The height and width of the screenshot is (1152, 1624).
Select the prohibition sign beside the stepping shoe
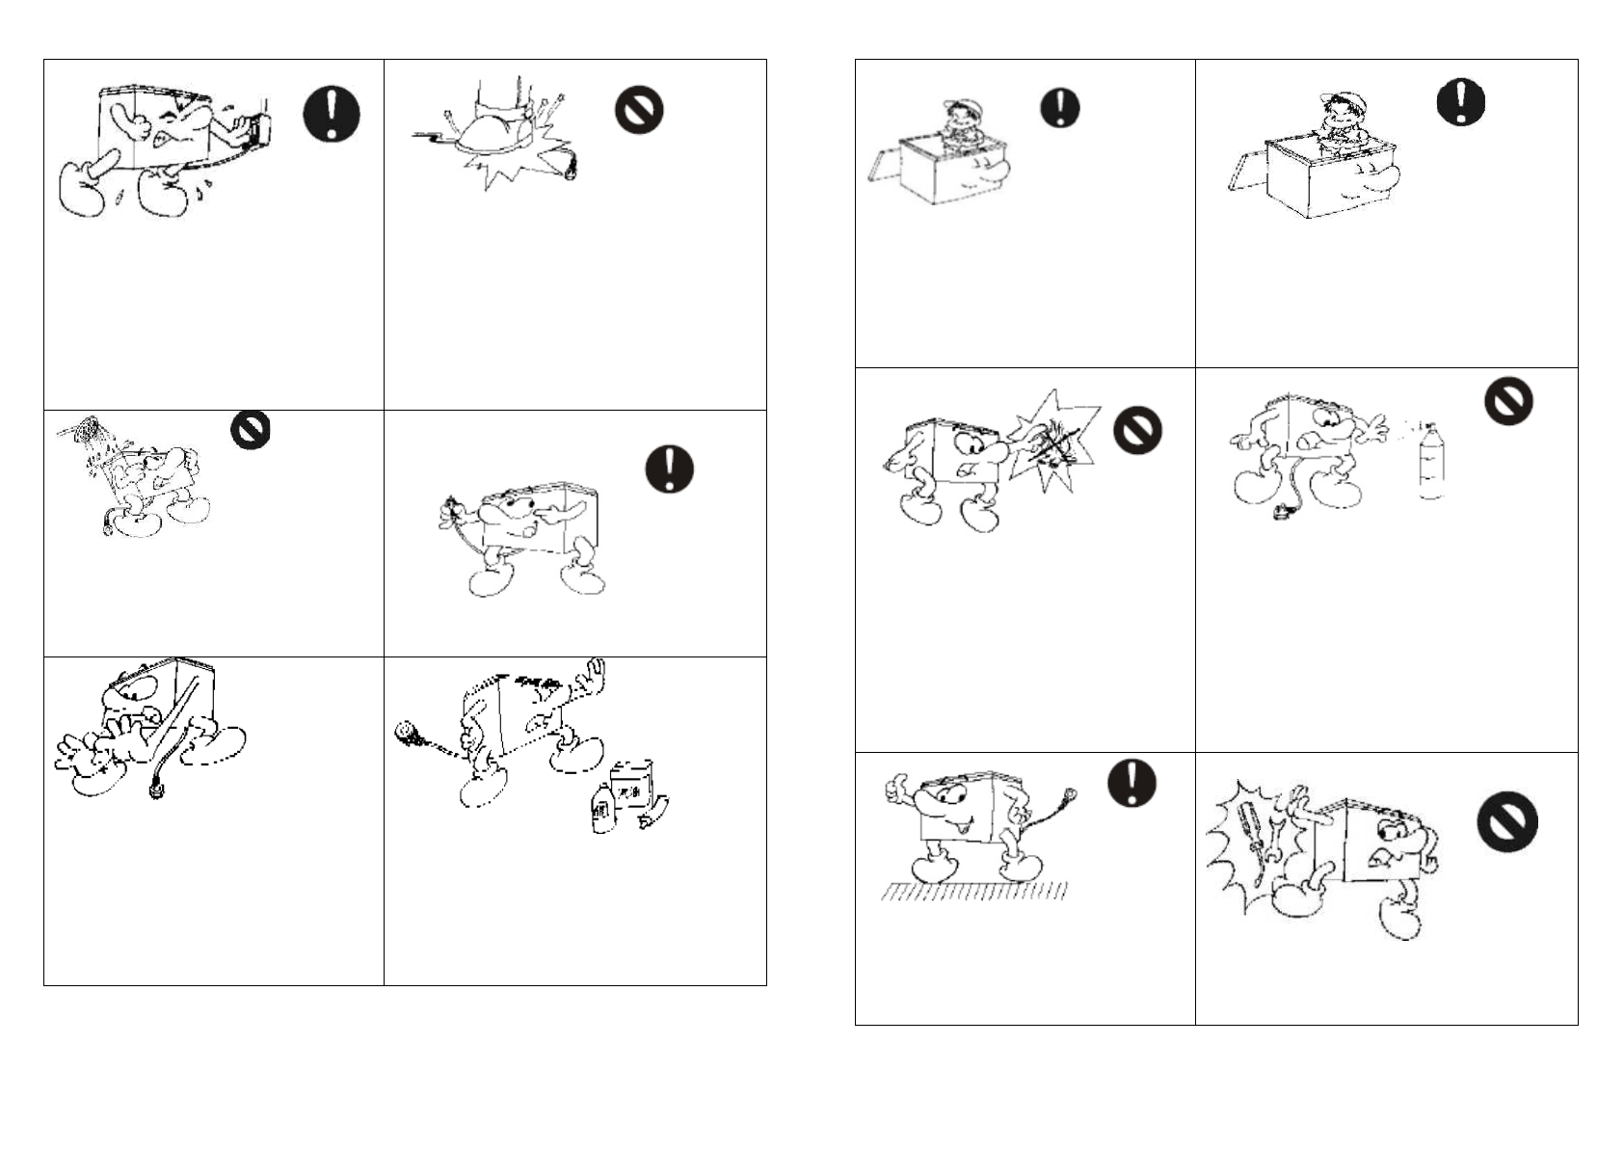point(639,110)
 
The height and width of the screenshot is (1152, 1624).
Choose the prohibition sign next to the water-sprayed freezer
point(251,429)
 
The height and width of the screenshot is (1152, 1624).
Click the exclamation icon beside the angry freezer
point(332,114)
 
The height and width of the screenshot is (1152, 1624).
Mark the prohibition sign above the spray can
point(1507,399)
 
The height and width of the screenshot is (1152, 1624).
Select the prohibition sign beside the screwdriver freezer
point(1506,822)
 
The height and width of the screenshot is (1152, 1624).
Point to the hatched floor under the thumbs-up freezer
point(973,892)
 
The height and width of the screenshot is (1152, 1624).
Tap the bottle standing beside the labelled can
point(602,807)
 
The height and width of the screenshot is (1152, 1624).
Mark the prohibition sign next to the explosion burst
point(1137,429)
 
